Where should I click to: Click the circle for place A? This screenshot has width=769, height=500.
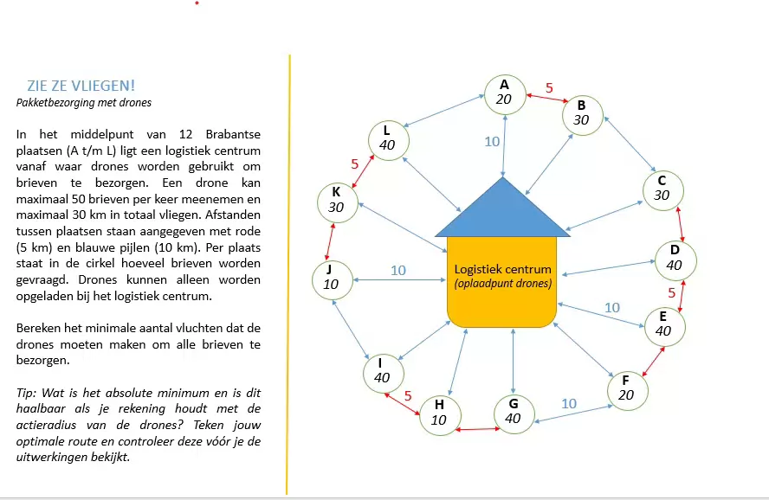[x=504, y=93]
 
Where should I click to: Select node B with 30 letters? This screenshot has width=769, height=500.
[x=581, y=113]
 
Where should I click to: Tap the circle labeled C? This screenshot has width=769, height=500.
[x=662, y=189]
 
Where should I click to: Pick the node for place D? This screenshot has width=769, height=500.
[x=675, y=259]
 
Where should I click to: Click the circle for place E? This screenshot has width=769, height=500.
[x=663, y=324]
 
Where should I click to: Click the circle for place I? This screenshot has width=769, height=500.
[x=382, y=371]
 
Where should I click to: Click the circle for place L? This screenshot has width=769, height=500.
[x=387, y=138]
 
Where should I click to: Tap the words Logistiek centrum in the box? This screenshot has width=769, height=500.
[x=502, y=268]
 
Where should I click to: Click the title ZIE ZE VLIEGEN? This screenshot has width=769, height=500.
[x=81, y=86]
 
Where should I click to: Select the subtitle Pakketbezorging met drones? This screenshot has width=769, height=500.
[x=84, y=103]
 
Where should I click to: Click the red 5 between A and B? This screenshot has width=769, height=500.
[x=548, y=87]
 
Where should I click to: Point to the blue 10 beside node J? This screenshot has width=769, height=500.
[x=397, y=270]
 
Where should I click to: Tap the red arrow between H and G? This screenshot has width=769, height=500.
[x=476, y=428]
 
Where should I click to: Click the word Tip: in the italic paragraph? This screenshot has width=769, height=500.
[x=26, y=393]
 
